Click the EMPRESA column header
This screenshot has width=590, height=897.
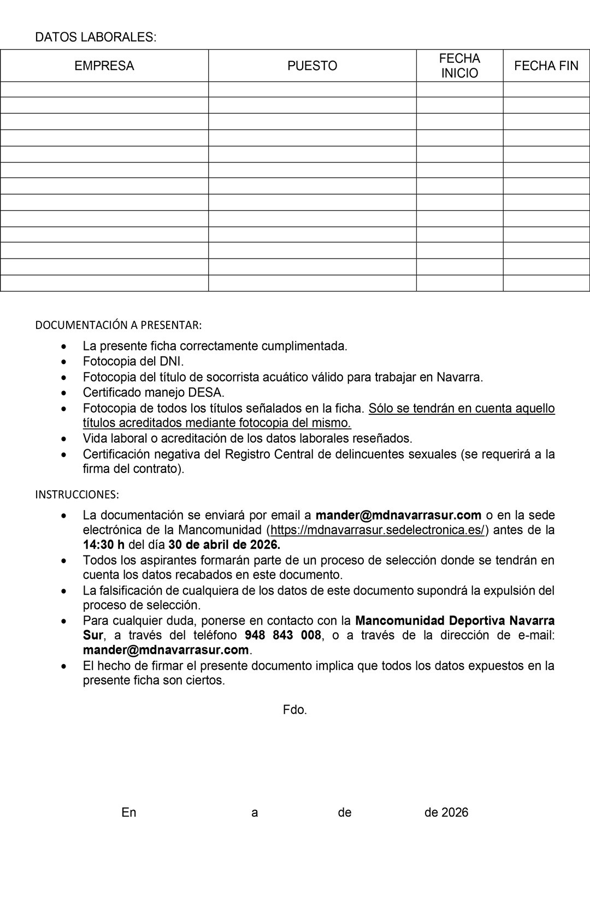pyautogui.click(x=104, y=66)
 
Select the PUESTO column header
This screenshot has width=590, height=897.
pyautogui.click(x=312, y=66)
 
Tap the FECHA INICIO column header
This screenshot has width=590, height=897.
pyautogui.click(x=459, y=66)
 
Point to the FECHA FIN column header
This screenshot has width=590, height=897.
pyautogui.click(x=546, y=66)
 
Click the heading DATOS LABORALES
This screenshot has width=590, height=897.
pyautogui.click(x=96, y=37)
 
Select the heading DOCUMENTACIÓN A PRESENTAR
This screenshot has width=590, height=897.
pyautogui.click(x=119, y=325)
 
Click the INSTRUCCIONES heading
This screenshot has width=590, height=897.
pyautogui.click(x=77, y=495)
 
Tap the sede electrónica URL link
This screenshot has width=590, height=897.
pyautogui.click(x=377, y=530)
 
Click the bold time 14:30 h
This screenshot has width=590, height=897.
pyautogui.click(x=104, y=545)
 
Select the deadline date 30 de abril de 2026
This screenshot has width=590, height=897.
pyautogui.click(x=224, y=545)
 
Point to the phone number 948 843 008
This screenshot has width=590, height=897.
pyautogui.click(x=282, y=635)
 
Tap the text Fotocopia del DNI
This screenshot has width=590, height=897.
pyautogui.click(x=133, y=361)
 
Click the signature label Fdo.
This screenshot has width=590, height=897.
pyautogui.click(x=295, y=710)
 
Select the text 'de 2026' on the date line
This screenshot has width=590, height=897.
pyautogui.click(x=446, y=813)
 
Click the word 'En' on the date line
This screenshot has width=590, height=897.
pyautogui.click(x=129, y=813)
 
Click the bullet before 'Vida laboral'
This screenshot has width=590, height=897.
pyautogui.click(x=65, y=439)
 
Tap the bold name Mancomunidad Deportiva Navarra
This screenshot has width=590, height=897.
pyautogui.click(x=455, y=621)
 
